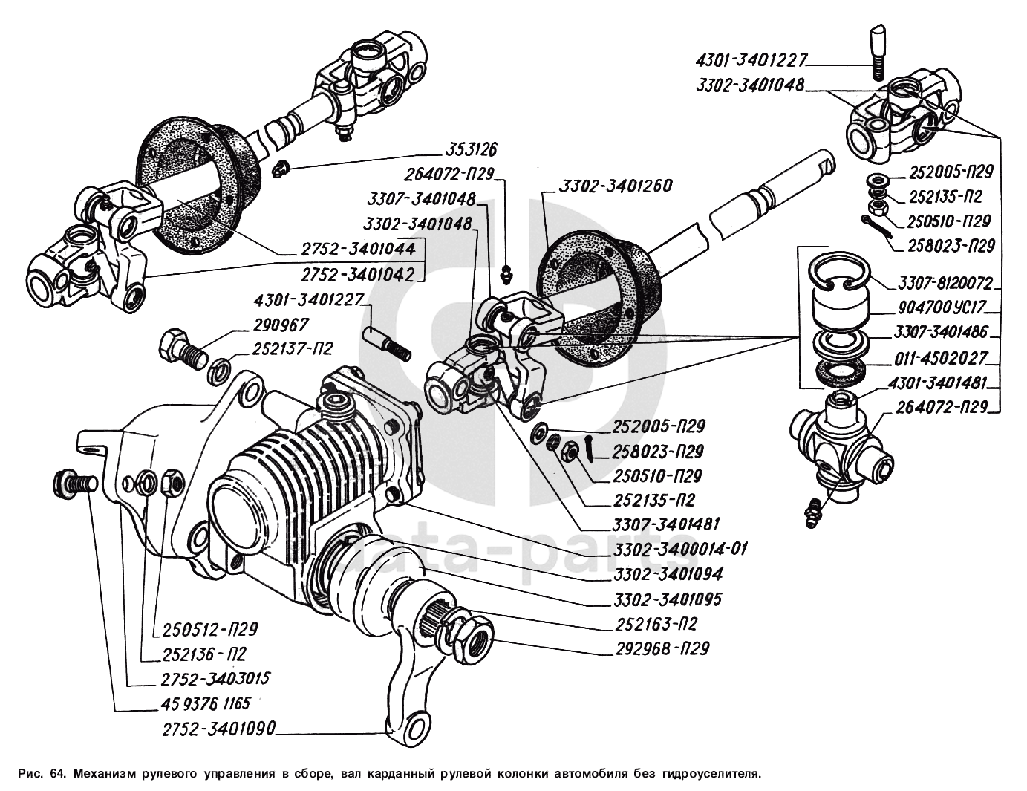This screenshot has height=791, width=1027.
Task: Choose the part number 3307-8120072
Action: [x=945, y=283]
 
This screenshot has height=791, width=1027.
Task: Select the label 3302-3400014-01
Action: [x=679, y=549]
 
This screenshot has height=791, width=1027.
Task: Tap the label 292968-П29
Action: [x=662, y=648]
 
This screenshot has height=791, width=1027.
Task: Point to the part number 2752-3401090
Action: [x=218, y=729]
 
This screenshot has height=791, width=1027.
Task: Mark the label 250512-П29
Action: [x=209, y=630]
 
